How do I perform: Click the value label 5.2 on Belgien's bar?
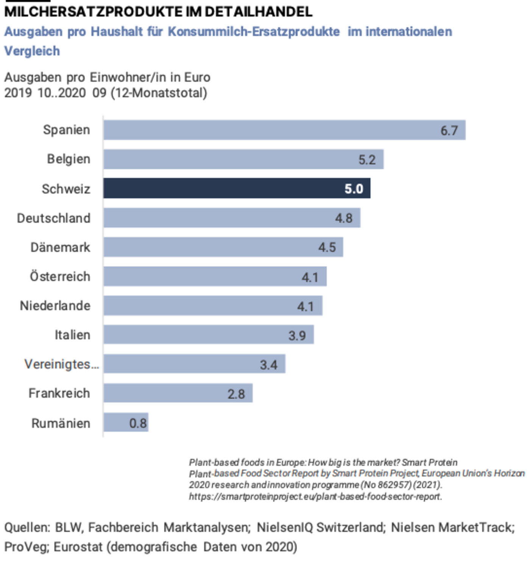(367, 160)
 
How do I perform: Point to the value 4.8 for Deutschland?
(344, 218)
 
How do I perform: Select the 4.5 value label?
(327, 247)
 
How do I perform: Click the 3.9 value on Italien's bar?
(297, 336)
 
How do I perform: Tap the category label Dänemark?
(60, 247)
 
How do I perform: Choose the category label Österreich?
(60, 277)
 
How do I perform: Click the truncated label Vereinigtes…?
(61, 364)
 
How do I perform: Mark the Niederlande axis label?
(55, 306)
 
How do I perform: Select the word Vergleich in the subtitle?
(32, 51)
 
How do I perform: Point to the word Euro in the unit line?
(197, 77)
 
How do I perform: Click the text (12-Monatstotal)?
(159, 93)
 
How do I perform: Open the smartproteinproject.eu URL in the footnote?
(315, 496)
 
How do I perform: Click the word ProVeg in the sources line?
(26, 547)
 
